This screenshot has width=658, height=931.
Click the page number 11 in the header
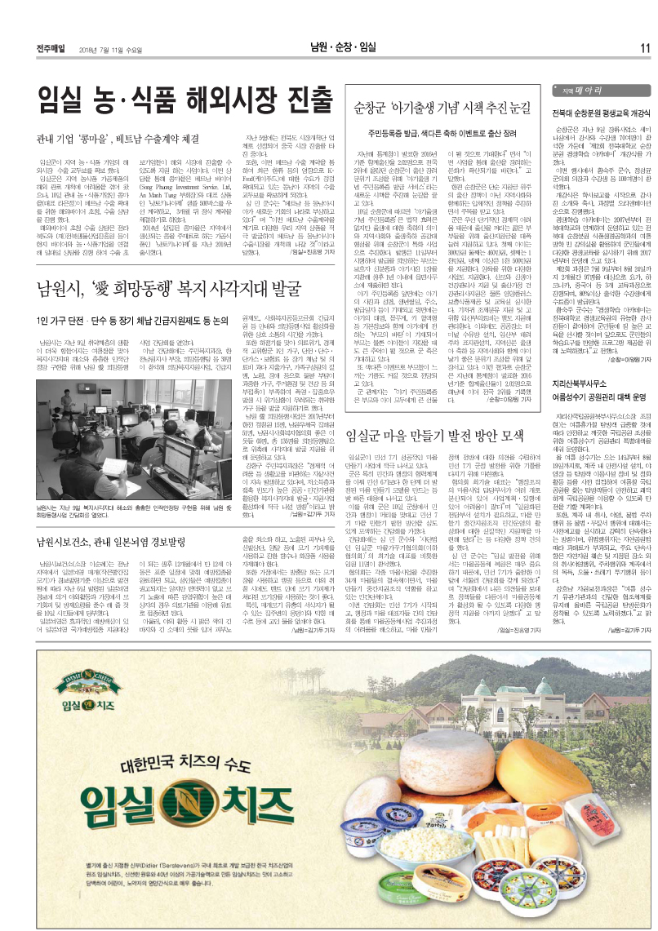point(644,47)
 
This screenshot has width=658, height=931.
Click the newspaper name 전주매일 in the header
point(51,48)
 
